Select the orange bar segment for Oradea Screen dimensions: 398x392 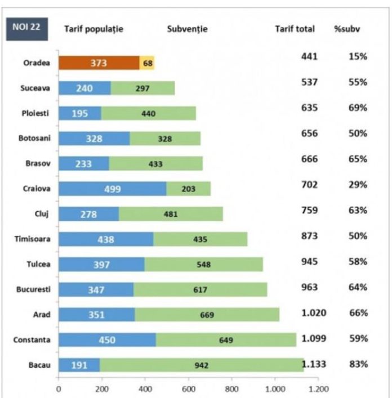99,63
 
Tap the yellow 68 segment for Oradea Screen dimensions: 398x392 148,63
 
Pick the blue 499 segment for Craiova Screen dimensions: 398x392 112,189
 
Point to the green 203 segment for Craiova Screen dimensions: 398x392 188,189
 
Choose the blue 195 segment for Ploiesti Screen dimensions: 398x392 79,113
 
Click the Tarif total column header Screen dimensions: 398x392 295,29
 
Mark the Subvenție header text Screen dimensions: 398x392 188,29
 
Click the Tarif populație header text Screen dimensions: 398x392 93,29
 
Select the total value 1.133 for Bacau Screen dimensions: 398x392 314,364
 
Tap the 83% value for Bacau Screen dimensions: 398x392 358,364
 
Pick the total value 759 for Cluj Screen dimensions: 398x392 310,211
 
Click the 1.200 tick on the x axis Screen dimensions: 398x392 318,388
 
